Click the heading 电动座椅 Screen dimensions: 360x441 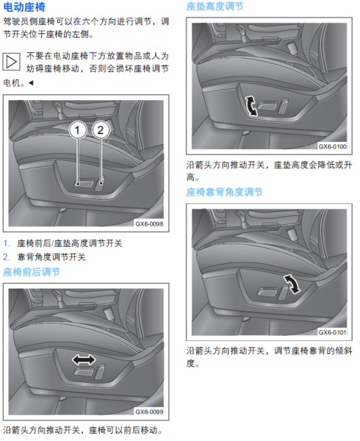pos(24,7)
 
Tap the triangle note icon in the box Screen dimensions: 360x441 pos(12,61)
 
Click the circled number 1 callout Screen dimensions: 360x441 pos(78,129)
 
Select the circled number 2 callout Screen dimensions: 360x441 pos(101,129)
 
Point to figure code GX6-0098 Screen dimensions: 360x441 pos(149,224)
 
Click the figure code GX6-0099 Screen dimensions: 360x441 pos(149,412)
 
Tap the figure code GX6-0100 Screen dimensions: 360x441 pos(333,146)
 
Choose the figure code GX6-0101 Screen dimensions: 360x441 pos(333,332)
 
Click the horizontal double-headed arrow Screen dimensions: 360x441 pos(84,359)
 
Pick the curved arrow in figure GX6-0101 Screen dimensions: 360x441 pos(292,284)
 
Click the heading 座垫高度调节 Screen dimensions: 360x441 pos(215,6)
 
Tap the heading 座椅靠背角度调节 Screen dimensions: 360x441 pos(224,192)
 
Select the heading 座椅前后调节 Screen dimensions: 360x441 pos(32,272)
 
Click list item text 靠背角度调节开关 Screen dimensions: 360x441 pos(51,257)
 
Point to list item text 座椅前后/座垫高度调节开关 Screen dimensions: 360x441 pos(70,243)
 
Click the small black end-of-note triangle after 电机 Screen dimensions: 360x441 pos(31,82)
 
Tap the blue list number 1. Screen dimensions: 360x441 pos(6,243)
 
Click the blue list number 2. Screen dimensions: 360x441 pos(6,257)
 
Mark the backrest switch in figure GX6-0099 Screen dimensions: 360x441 pos(101,371)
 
